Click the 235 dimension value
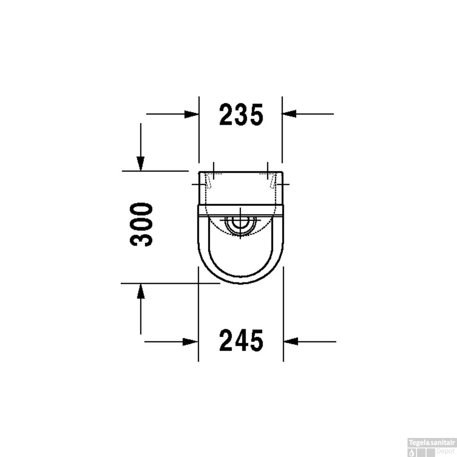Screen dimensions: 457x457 pyautogui.click(x=241, y=114)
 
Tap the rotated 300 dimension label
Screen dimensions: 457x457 pyautogui.click(x=141, y=224)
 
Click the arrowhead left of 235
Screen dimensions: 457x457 pyautogui.click(x=192, y=113)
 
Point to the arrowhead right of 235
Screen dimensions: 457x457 pyautogui.click(x=289, y=113)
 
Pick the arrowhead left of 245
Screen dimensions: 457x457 pyautogui.click(x=191, y=342)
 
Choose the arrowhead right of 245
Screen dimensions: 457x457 pyautogui.click(x=290, y=342)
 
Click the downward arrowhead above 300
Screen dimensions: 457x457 pyautogui.click(x=141, y=164)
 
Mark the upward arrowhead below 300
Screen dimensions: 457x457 pyautogui.click(x=141, y=291)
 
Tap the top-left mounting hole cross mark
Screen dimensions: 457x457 pyautogui.click(x=213, y=171)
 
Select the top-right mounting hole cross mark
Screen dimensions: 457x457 pyautogui.click(x=267, y=171)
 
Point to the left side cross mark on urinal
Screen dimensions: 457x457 pyautogui.click(x=200, y=184)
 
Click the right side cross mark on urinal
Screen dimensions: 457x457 pyautogui.click(x=282, y=184)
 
